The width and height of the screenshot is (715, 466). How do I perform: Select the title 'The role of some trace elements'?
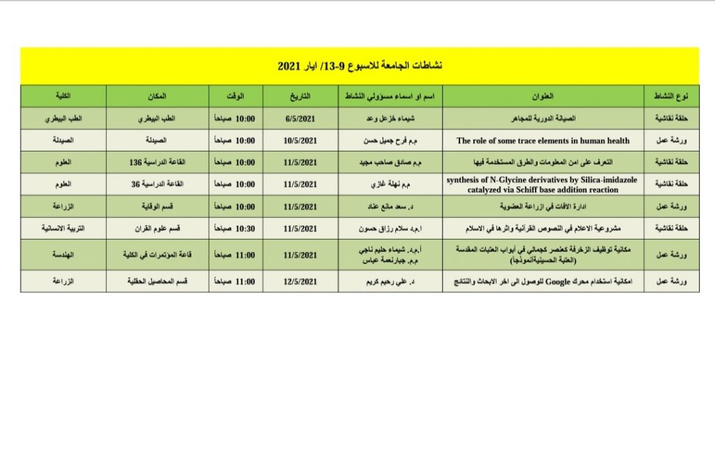543,140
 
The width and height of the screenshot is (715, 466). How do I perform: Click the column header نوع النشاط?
671,96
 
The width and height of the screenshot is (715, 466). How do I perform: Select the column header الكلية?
63,96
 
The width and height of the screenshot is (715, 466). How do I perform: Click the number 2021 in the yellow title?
288,66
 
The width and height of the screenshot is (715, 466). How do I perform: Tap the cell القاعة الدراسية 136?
157,162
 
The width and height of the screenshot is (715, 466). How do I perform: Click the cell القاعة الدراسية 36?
157,184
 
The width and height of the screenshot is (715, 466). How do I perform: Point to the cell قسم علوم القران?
157,228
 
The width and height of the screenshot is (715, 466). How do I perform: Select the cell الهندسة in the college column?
63,256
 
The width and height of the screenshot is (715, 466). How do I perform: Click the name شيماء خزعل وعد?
390,119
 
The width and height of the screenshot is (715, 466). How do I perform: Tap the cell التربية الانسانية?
63,228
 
